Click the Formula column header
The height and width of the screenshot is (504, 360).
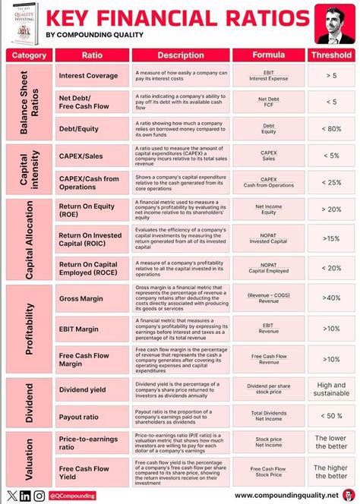pos(269,55)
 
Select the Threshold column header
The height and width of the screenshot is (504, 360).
pos(330,55)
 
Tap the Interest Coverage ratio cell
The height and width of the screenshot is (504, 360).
pos(89,76)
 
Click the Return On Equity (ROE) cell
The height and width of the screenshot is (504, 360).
pos(89,210)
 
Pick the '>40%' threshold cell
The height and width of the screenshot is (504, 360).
pos(330,298)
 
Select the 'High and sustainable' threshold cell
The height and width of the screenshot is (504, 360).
pos(330,390)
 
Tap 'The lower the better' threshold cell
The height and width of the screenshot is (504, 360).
pos(330,443)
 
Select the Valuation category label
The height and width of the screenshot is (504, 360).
pos(30,458)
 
